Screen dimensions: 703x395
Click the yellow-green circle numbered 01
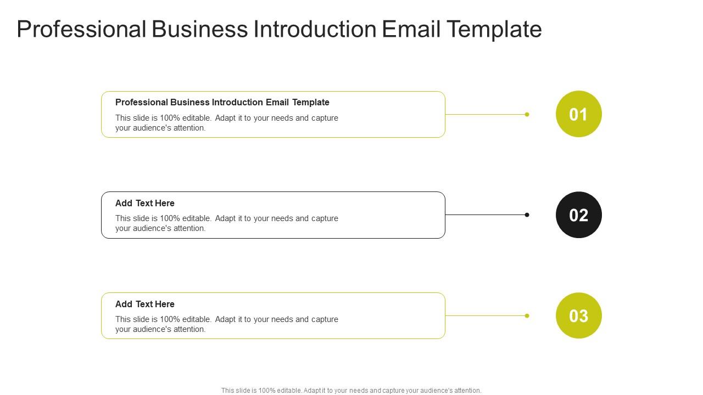[579, 114]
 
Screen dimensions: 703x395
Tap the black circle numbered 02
[579, 215]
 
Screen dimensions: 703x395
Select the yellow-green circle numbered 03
[579, 315]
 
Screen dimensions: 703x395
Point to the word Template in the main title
[494, 30]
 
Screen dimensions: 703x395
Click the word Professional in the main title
[82, 29]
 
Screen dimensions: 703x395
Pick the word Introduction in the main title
[315, 29]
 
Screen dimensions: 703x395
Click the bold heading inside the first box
[222, 102]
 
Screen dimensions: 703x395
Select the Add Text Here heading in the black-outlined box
[144, 203]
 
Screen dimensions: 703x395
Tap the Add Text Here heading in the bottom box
[144, 304]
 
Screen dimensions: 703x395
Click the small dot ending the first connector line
[527, 115]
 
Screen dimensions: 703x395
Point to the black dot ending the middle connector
[527, 215]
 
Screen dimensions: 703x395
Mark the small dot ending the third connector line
[527, 315]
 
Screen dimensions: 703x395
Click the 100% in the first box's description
[170, 118]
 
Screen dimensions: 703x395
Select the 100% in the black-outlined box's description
[170, 218]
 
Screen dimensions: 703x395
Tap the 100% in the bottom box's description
[170, 319]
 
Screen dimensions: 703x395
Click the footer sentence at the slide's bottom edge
[351, 391]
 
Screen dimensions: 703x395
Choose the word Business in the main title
[200, 29]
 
